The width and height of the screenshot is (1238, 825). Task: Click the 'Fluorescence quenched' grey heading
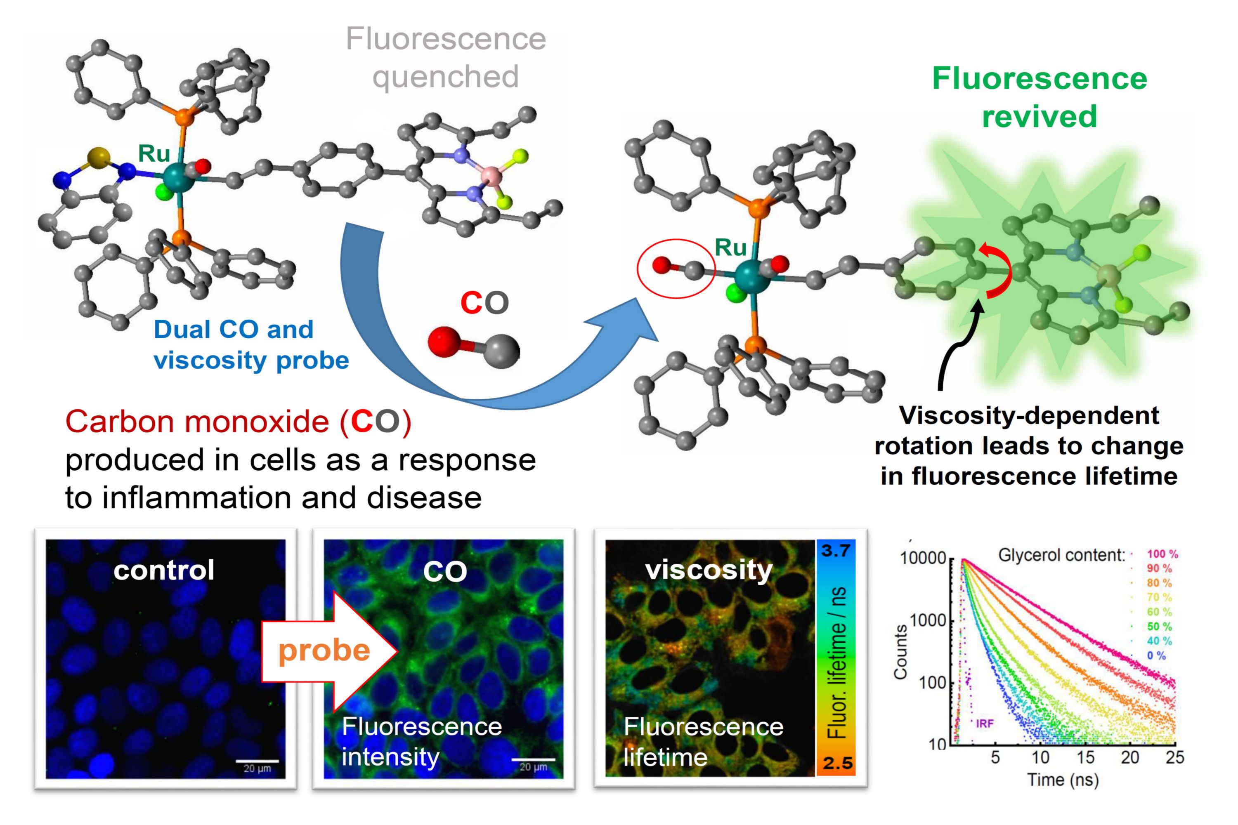pyautogui.click(x=445, y=57)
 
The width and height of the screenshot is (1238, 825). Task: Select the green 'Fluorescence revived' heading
pyautogui.click(x=1039, y=97)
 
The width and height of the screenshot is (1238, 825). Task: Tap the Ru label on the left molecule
pyautogui.click(x=154, y=153)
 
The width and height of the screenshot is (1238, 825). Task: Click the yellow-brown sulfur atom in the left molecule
pyautogui.click(x=98, y=157)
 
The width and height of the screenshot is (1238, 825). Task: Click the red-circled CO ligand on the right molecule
pyautogui.click(x=676, y=269)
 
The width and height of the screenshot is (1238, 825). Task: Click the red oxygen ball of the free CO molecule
pyautogui.click(x=445, y=342)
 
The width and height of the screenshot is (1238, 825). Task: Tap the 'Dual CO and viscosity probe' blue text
pyautogui.click(x=250, y=344)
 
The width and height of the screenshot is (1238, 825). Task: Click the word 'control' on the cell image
pyautogui.click(x=164, y=570)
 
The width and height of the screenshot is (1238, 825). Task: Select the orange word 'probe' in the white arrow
pyautogui.click(x=324, y=651)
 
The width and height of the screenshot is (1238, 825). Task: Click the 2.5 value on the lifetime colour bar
pyautogui.click(x=837, y=763)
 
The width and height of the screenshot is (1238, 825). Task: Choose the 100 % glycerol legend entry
pyautogui.click(x=1162, y=554)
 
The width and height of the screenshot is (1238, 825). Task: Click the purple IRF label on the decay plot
pyautogui.click(x=985, y=724)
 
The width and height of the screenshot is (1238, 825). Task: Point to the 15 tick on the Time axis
pyautogui.click(x=1085, y=758)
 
